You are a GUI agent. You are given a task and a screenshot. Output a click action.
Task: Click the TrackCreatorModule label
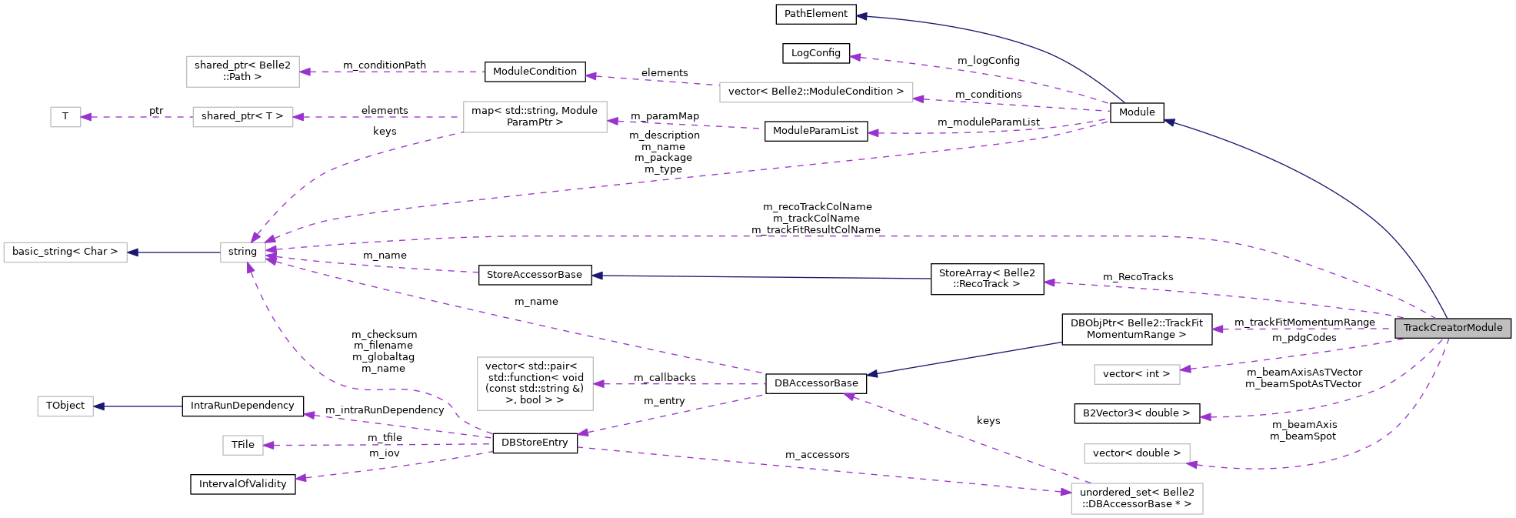tap(1452, 329)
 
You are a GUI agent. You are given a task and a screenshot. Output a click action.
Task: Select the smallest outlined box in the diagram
tap(65, 117)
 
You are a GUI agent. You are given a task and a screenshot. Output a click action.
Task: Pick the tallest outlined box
tap(535, 383)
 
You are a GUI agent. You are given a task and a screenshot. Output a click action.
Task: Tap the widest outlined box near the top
tap(816, 92)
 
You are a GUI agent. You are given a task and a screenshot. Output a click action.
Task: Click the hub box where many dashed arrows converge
tap(243, 252)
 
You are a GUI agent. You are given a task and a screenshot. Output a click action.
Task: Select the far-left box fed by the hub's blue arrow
tap(65, 252)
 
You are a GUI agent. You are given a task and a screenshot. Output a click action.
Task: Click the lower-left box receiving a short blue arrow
tap(65, 406)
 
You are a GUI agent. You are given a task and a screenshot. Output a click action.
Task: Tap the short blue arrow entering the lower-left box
tap(138, 406)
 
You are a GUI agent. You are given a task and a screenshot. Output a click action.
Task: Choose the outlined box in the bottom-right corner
tap(1137, 499)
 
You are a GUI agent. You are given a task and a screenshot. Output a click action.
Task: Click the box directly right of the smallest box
tap(242, 117)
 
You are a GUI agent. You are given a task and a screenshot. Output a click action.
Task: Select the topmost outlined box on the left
tap(242, 72)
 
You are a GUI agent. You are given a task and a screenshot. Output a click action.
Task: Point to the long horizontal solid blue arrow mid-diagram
tap(761, 277)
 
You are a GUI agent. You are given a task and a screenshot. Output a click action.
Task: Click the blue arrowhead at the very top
tap(862, 16)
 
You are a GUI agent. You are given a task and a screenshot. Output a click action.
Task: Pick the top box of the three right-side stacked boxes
tap(1137, 375)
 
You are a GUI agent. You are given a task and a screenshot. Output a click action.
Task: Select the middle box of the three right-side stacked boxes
tap(1137, 454)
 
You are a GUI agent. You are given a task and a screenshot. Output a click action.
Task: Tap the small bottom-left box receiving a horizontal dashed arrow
tap(243, 445)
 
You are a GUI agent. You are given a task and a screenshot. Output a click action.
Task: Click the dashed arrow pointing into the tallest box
tap(677, 384)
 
